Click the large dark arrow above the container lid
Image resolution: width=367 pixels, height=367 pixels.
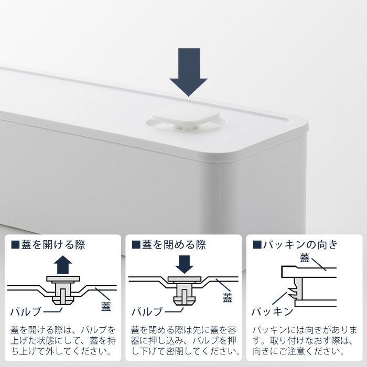pos(189,72)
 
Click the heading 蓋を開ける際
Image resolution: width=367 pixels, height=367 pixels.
pos(53,245)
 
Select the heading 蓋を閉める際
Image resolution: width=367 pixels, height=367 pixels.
pos(174,245)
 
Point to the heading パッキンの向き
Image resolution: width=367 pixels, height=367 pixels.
pos(301,245)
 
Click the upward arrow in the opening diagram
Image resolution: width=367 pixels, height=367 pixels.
pos(63,265)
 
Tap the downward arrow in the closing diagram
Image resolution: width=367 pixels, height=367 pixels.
pos(185,264)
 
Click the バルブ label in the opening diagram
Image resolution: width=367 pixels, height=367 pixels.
pos(26,312)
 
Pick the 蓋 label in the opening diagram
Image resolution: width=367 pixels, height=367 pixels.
pos(106,306)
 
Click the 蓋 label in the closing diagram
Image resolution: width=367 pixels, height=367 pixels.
pos(227,298)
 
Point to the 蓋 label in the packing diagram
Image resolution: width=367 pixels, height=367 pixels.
pos(305,258)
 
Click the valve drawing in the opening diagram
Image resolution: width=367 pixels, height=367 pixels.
pos(63,290)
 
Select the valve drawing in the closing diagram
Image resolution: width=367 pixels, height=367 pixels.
pos(185,290)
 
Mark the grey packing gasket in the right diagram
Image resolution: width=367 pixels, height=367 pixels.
pos(296,289)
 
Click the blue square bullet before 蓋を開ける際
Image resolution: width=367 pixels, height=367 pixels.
pos(15,245)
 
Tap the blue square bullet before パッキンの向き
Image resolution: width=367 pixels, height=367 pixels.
pos(257,245)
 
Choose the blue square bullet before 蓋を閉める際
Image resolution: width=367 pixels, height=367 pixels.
pos(136,245)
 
